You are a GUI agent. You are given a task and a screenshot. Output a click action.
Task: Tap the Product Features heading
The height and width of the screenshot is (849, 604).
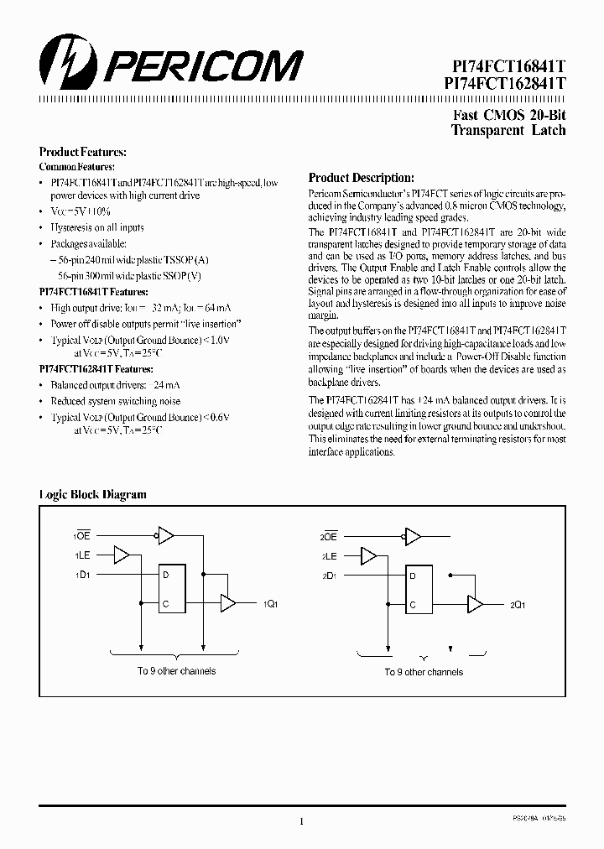coord(83,152)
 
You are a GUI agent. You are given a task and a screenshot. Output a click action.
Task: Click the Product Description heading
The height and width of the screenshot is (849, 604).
coord(361,178)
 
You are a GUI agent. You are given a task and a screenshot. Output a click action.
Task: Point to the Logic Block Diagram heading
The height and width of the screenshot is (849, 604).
coord(93,494)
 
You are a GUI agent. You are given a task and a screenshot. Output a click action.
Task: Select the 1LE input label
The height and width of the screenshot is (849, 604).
coord(81,555)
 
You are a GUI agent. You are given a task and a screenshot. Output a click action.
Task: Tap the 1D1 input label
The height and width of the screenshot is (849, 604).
coord(81,575)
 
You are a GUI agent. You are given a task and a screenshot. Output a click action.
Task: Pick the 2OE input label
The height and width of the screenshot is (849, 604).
coord(328,536)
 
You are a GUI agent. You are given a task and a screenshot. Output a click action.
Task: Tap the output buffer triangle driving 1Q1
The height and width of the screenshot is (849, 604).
coord(227,603)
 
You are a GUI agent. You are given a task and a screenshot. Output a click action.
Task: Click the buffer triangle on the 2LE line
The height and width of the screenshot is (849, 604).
coord(368,555)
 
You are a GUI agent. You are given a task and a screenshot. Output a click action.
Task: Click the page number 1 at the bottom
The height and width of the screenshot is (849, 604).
coord(301,821)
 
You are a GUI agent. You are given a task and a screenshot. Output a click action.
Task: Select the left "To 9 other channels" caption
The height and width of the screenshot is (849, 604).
coord(176,671)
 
